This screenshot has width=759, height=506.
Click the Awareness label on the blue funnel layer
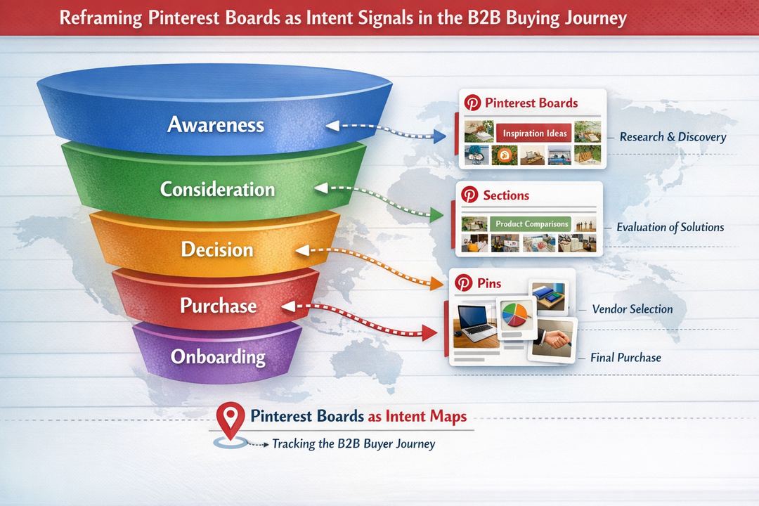coord(216,125)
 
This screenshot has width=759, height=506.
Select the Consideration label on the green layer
coord(217,189)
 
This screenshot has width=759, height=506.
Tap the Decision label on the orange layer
coord(216,249)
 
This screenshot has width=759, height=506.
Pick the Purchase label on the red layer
coord(218,306)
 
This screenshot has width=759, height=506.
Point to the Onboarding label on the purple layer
coord(218,356)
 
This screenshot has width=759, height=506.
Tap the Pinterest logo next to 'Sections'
coord(469,195)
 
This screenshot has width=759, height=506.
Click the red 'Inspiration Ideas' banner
coord(535,134)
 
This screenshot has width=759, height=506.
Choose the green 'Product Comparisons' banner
coord(531,223)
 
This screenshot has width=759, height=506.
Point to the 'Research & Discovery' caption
coord(673,137)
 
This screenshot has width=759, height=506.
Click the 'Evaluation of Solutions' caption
coord(670,228)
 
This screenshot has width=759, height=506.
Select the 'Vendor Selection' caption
coord(632,309)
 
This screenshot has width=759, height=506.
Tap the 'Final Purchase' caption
coord(625,358)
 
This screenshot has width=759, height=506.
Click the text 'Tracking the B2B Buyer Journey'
coord(353,444)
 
